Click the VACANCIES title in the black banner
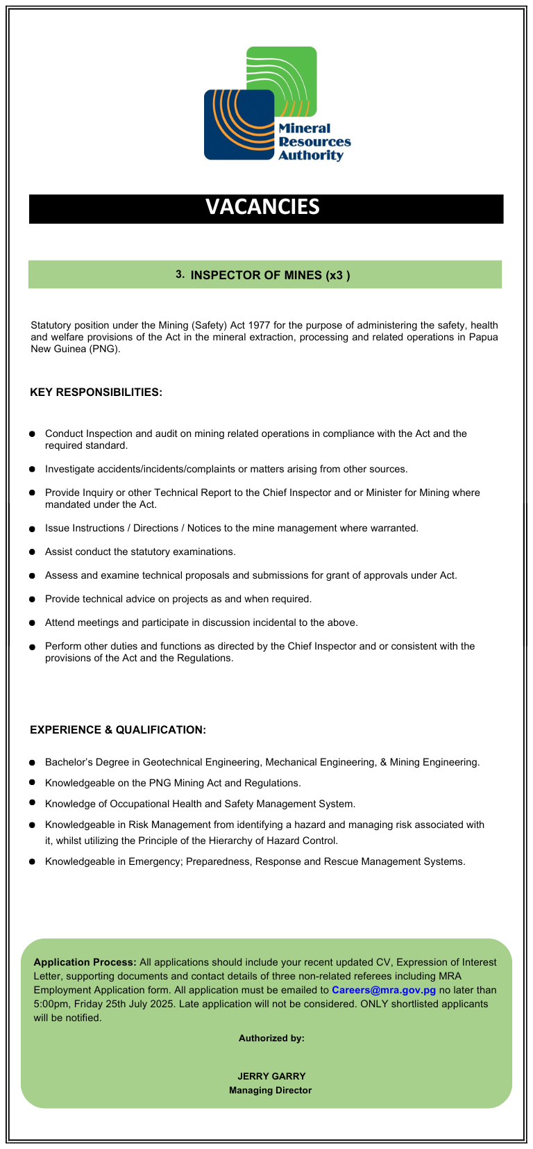tap(262, 207)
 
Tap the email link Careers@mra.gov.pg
tap(383, 990)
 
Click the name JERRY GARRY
tap(271, 1076)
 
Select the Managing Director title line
tap(271, 1090)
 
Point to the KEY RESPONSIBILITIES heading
tap(96, 392)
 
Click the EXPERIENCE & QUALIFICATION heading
tap(118, 730)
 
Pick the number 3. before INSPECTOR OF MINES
tap(180, 274)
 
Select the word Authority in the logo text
tap(310, 156)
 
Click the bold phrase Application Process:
tap(85, 962)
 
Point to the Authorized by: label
tap(271, 1038)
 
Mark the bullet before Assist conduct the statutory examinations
tap(32, 552)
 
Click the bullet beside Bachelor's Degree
tap(32, 762)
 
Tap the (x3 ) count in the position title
tap(337, 275)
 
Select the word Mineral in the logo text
tap(304, 129)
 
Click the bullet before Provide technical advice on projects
tap(32, 599)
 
